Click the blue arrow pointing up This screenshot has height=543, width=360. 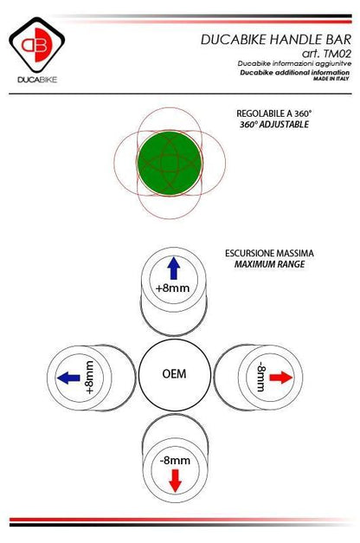coord(173,268)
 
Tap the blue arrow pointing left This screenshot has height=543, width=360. coord(68,377)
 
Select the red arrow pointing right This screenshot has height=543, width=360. coord(280,377)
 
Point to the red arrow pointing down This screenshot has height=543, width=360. coord(176,481)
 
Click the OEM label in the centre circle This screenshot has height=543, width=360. coord(174,373)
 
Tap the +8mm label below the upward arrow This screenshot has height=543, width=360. coord(173,288)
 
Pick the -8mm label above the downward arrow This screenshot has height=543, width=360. coord(175,460)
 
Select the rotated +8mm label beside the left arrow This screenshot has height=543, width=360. coord(89,377)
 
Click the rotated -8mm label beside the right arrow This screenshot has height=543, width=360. coord(260,377)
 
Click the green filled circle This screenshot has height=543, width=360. coord(170,163)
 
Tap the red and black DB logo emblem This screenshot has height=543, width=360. coord(36,45)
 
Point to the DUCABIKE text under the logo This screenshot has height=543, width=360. coord(37,80)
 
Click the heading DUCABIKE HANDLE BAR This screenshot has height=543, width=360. coord(276,40)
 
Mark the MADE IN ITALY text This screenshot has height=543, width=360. coord(331,79)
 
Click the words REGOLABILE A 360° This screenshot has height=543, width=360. coord(274,113)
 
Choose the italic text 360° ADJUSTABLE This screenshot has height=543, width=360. coord(274,125)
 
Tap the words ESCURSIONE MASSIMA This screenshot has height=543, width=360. coord(269,253)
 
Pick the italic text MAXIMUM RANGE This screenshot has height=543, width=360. coord(270,264)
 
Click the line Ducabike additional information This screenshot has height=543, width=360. coord(295,73)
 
